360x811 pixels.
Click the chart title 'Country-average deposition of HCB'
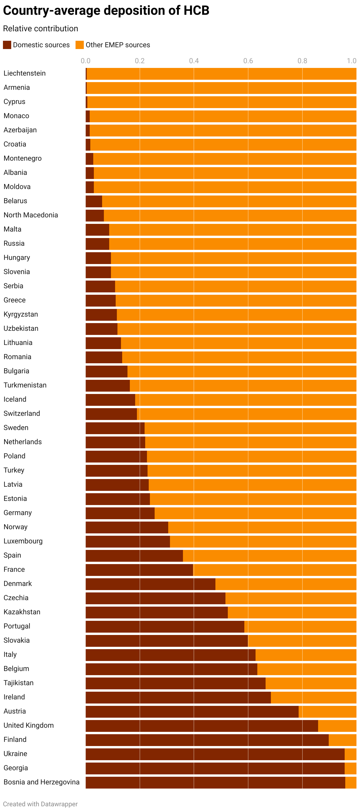[x=106, y=10]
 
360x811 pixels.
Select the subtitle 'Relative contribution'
[x=41, y=29]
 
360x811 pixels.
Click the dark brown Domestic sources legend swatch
[x=7, y=45]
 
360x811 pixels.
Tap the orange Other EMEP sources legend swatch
[x=80, y=45]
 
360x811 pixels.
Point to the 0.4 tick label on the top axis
[x=194, y=61]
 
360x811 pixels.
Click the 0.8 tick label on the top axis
[x=302, y=61]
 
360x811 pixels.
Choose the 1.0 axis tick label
[x=351, y=61]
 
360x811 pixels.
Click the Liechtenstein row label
[x=24, y=73]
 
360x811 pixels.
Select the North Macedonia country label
[x=31, y=215]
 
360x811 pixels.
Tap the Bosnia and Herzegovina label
[x=42, y=782]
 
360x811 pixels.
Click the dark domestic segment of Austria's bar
[x=192, y=711]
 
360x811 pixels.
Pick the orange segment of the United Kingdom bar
[x=337, y=726]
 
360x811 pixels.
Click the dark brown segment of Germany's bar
[x=120, y=513]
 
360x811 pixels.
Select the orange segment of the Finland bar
[x=342, y=740]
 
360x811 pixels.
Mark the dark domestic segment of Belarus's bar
[x=94, y=201]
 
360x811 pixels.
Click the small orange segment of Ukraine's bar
[x=350, y=754]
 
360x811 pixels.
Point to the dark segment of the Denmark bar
[x=150, y=584]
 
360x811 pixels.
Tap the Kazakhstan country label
[x=22, y=612]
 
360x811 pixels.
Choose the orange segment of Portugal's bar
[x=300, y=626]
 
